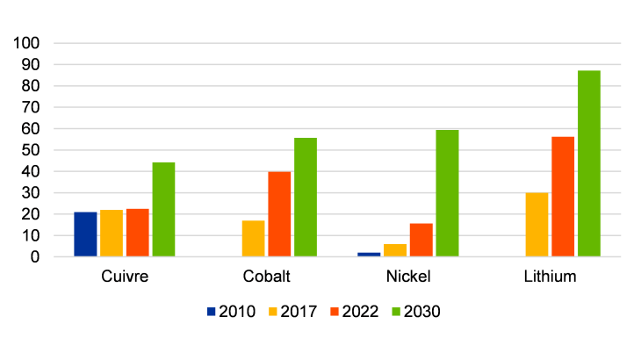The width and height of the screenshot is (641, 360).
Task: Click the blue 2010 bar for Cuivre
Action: click(x=85, y=234)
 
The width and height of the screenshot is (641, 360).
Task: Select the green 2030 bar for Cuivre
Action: click(x=163, y=210)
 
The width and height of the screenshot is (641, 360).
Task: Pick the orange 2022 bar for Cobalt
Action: click(x=279, y=214)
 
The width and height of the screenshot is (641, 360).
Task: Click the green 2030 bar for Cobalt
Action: click(x=306, y=198)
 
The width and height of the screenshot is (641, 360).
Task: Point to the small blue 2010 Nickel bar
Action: click(x=369, y=255)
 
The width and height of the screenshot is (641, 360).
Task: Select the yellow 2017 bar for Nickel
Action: click(x=395, y=250)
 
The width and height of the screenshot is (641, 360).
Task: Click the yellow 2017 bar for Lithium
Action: click(x=537, y=225)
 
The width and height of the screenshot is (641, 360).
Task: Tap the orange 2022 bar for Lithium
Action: click(x=563, y=197)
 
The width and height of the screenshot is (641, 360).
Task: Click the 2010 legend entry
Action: click(x=230, y=311)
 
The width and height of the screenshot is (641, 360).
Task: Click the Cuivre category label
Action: click(x=124, y=277)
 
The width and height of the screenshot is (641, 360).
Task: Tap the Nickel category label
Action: click(x=407, y=277)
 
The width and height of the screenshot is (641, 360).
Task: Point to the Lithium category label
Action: click(x=550, y=277)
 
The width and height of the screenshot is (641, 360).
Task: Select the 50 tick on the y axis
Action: click(x=32, y=150)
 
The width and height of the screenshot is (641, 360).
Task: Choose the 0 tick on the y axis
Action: click(x=36, y=257)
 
